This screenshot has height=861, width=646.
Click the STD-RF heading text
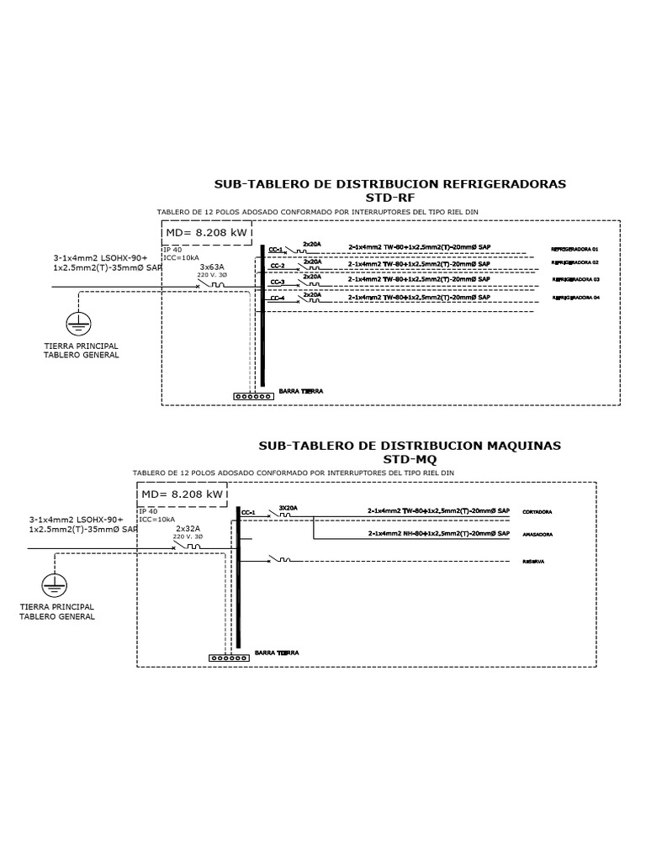[x=390, y=198]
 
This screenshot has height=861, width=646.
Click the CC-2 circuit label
[x=277, y=266]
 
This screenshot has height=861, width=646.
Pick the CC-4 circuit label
[x=277, y=298]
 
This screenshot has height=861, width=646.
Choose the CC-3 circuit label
[x=277, y=283]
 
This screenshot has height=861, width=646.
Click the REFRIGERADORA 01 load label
[x=575, y=250]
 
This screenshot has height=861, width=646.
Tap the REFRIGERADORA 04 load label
[x=575, y=298]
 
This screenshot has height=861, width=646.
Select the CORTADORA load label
[x=537, y=511]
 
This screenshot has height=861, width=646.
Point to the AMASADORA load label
[x=537, y=535]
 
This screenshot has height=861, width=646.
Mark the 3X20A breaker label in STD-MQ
[x=289, y=508]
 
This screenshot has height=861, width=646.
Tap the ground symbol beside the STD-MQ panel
[x=55, y=584]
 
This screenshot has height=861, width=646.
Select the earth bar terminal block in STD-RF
[x=253, y=395]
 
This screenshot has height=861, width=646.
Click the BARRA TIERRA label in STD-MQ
[x=276, y=652]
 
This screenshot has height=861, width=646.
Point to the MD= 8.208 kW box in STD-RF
[x=206, y=233]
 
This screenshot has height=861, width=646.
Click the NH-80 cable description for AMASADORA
[x=438, y=534]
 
